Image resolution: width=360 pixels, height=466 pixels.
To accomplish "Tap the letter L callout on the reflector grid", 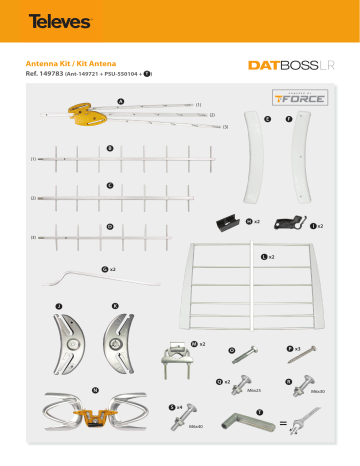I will click(x=264, y=257).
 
